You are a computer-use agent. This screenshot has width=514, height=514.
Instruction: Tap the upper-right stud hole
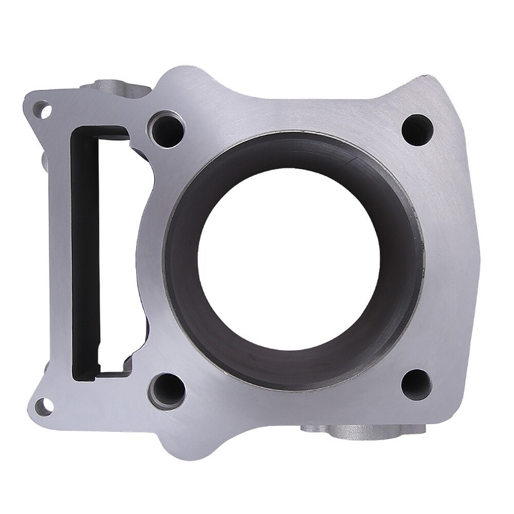pyautogui.click(x=417, y=130)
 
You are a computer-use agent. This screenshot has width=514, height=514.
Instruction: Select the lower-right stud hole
pyautogui.click(x=416, y=384)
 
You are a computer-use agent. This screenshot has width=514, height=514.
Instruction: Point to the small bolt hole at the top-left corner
pyautogui.click(x=42, y=110)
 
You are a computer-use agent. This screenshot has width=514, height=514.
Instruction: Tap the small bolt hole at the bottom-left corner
pyautogui.click(x=43, y=406)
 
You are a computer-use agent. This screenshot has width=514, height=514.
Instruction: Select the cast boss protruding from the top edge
pyautogui.click(x=116, y=87)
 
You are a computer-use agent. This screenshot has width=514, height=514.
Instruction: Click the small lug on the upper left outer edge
pyautogui.click(x=45, y=161)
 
